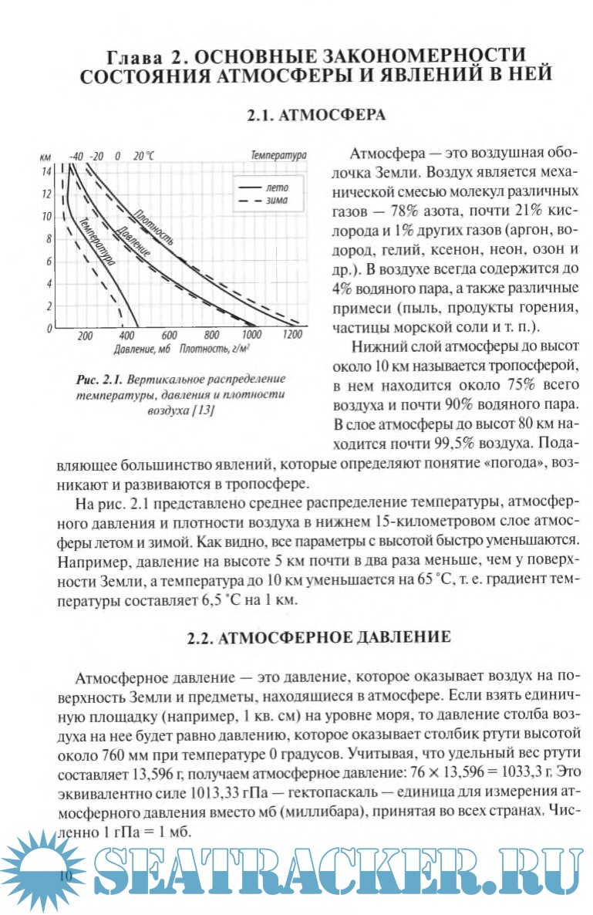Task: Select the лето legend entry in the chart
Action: (275, 187)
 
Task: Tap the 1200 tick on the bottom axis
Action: (292, 336)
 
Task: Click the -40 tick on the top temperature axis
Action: (76, 155)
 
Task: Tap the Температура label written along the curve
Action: (96, 242)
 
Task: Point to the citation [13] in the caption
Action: (200, 411)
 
